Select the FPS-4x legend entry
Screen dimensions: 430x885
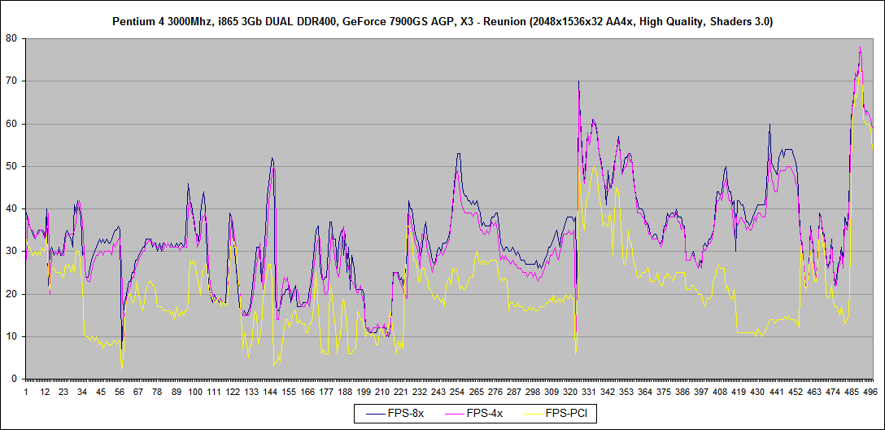click(x=485, y=414)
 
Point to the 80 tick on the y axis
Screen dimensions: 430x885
click(x=12, y=38)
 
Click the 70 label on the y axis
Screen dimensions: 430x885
click(x=12, y=81)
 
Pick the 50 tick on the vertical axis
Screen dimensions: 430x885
click(x=12, y=166)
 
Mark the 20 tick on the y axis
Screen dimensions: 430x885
click(x=12, y=294)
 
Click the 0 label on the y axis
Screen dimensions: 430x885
click(x=15, y=379)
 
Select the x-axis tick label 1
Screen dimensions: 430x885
click(x=26, y=392)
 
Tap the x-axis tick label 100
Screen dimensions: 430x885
click(x=195, y=392)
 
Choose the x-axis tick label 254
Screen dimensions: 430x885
click(x=458, y=392)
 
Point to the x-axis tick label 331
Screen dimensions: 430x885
click(x=590, y=392)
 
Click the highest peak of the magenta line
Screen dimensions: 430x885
click(x=860, y=48)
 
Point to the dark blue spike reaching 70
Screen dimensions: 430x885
click(x=578, y=81)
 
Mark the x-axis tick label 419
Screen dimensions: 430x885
click(x=739, y=392)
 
